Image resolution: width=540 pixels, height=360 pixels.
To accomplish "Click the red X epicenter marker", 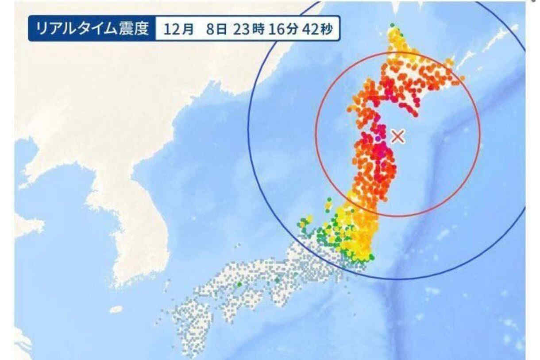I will (x=398, y=136).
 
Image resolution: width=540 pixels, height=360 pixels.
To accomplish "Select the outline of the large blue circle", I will (x=248, y=133).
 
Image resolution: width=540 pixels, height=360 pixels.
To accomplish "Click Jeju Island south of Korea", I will (x=116, y=309).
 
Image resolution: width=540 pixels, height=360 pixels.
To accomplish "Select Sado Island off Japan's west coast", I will (x=328, y=205).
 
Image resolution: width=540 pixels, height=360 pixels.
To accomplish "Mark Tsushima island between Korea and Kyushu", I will (x=167, y=285).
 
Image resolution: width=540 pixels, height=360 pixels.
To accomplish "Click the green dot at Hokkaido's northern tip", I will (x=392, y=25).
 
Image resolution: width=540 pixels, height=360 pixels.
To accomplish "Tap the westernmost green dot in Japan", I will (x=239, y=284).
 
